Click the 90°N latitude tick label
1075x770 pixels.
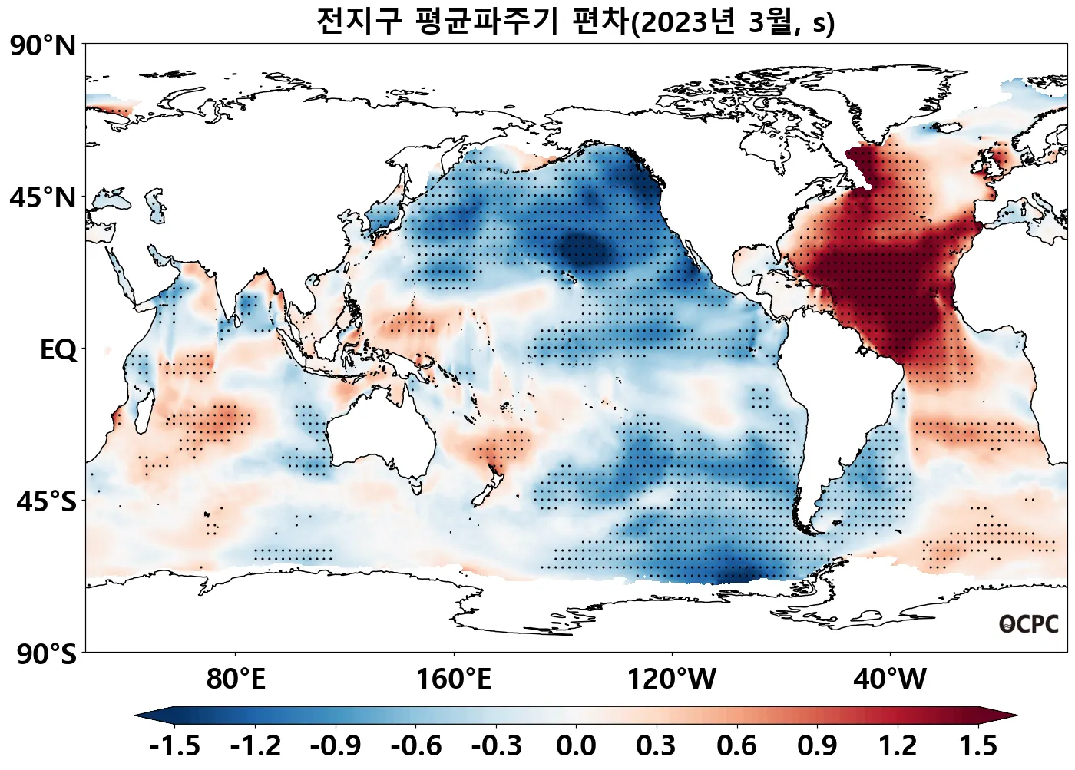(43, 46)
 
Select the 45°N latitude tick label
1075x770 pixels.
(43, 198)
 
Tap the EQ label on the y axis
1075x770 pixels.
(58, 350)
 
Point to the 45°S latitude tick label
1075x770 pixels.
(46, 502)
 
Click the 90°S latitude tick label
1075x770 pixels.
(46, 655)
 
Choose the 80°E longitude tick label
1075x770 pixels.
(236, 679)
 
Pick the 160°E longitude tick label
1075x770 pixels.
(454, 679)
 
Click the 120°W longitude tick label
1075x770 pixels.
(672, 679)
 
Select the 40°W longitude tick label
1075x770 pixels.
(890, 679)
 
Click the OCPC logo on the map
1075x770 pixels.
(1029, 624)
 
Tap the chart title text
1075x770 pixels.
(575, 21)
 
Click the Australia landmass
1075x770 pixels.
(384, 438)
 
